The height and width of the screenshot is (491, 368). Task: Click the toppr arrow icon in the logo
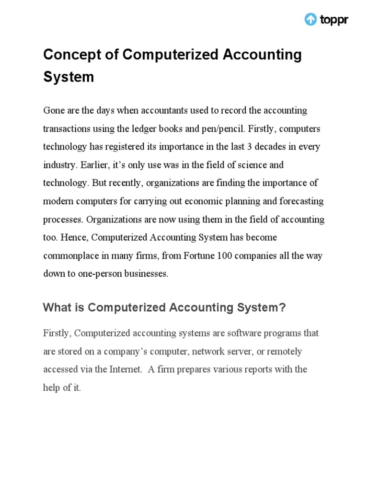tap(310, 20)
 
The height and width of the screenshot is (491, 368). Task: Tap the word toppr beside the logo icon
tap(333, 20)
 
